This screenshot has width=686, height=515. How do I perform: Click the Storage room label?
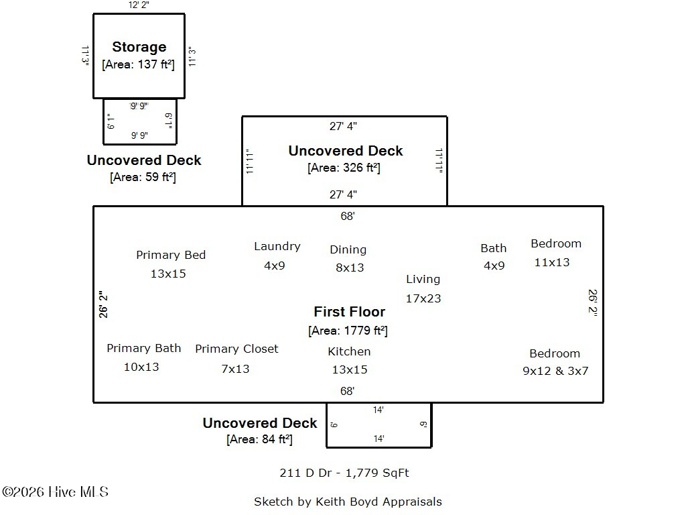click(x=139, y=47)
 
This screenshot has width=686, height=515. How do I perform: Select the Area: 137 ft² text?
click(x=138, y=65)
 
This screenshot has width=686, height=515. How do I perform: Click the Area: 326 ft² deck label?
click(x=344, y=168)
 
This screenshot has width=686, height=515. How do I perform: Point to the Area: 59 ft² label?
click(x=143, y=178)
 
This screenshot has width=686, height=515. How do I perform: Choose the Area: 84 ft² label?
click(x=259, y=440)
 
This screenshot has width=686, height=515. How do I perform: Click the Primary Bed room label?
click(x=171, y=255)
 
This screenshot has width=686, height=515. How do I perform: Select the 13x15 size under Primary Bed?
click(x=168, y=274)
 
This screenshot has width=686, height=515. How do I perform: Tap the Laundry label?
click(x=277, y=246)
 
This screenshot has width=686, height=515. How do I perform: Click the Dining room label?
click(x=348, y=249)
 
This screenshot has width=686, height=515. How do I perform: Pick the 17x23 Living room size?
click(x=423, y=298)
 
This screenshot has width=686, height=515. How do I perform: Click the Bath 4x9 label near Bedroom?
click(x=494, y=256)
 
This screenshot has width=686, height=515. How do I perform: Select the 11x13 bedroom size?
click(x=552, y=262)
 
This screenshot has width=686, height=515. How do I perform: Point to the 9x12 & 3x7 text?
click(x=555, y=371)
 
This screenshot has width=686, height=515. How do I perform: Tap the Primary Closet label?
click(x=236, y=349)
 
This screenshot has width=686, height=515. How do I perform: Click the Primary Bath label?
click(x=143, y=348)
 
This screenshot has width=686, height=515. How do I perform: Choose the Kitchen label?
click(x=349, y=351)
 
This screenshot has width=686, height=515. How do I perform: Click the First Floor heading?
click(x=349, y=312)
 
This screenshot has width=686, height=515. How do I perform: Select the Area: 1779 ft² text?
click(x=348, y=331)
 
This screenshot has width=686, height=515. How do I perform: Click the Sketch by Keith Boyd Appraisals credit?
click(x=348, y=502)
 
